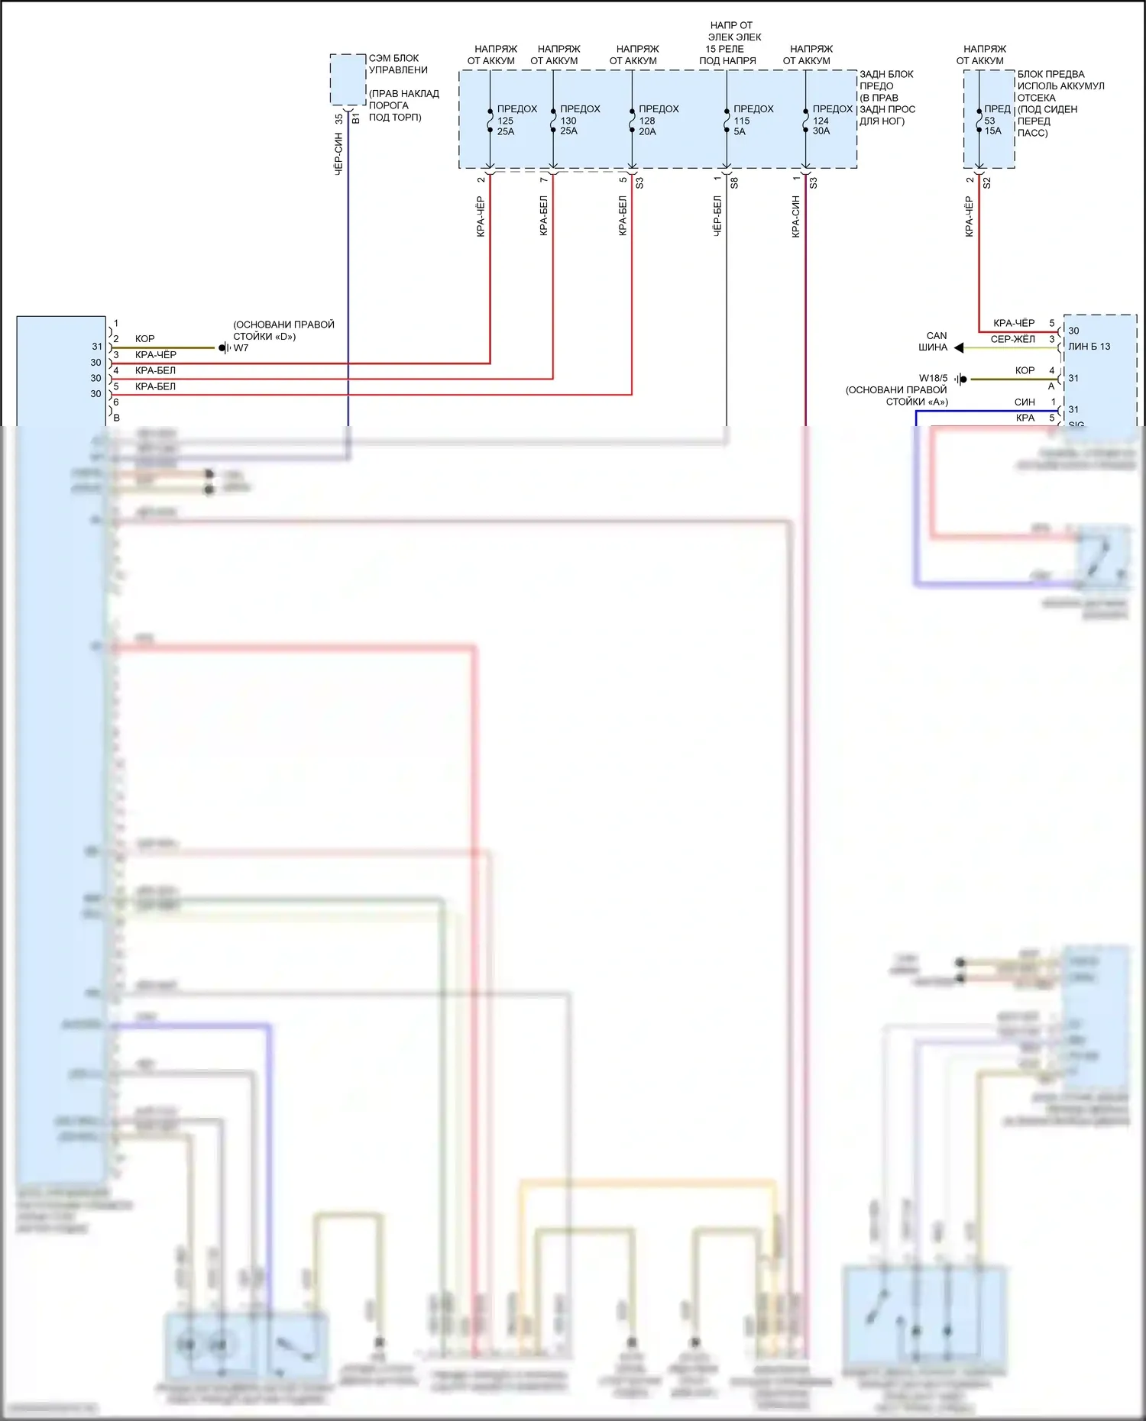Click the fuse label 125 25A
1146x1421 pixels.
pyautogui.click(x=506, y=126)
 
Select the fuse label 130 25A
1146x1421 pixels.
pyautogui.click(x=568, y=126)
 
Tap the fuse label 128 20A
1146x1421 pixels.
pyautogui.click(x=647, y=126)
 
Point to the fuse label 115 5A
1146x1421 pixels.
pyautogui.click(x=741, y=126)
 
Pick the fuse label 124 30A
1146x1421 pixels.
pyautogui.click(x=821, y=126)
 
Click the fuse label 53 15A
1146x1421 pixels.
pyautogui.click(x=992, y=126)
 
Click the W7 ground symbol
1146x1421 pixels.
pyautogui.click(x=224, y=348)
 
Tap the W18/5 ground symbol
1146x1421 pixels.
pyautogui.click(x=961, y=379)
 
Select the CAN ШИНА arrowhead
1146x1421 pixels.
pyautogui.click(x=959, y=348)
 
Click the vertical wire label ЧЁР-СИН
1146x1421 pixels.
pyautogui.click(x=338, y=154)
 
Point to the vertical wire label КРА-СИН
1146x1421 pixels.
pyautogui.click(x=795, y=217)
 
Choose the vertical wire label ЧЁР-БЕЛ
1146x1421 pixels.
pyautogui.click(x=717, y=217)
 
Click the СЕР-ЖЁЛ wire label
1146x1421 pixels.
pyautogui.click(x=1012, y=339)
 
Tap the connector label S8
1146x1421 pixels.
pyautogui.click(x=734, y=183)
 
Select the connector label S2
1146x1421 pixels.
pyautogui.click(x=986, y=183)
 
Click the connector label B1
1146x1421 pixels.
pyautogui.click(x=356, y=118)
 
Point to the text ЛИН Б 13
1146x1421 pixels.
pyautogui.click(x=1089, y=347)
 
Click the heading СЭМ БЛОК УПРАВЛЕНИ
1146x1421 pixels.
pyautogui.click(x=397, y=64)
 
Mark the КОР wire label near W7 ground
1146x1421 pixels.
pyautogui.click(x=145, y=339)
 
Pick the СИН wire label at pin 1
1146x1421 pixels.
pyautogui.click(x=1025, y=402)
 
